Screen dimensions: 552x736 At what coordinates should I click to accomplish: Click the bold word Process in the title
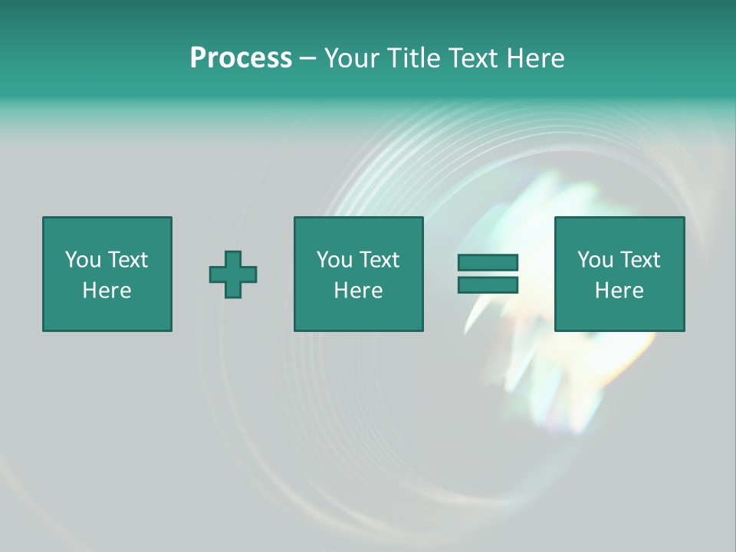click(241, 58)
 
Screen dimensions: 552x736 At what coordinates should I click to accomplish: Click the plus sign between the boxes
click(233, 274)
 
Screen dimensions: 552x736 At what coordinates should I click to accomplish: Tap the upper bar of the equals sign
click(488, 262)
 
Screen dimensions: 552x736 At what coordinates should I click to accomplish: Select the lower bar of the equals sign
click(488, 284)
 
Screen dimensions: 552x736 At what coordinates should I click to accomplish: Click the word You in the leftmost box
click(83, 260)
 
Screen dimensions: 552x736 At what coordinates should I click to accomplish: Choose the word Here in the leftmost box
click(107, 291)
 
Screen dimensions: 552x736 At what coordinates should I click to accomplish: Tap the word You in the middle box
click(334, 260)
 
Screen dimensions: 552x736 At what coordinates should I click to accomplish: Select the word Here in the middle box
click(358, 291)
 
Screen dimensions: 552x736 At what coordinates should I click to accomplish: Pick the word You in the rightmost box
click(595, 260)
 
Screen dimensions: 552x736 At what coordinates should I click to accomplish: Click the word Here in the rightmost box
click(619, 291)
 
